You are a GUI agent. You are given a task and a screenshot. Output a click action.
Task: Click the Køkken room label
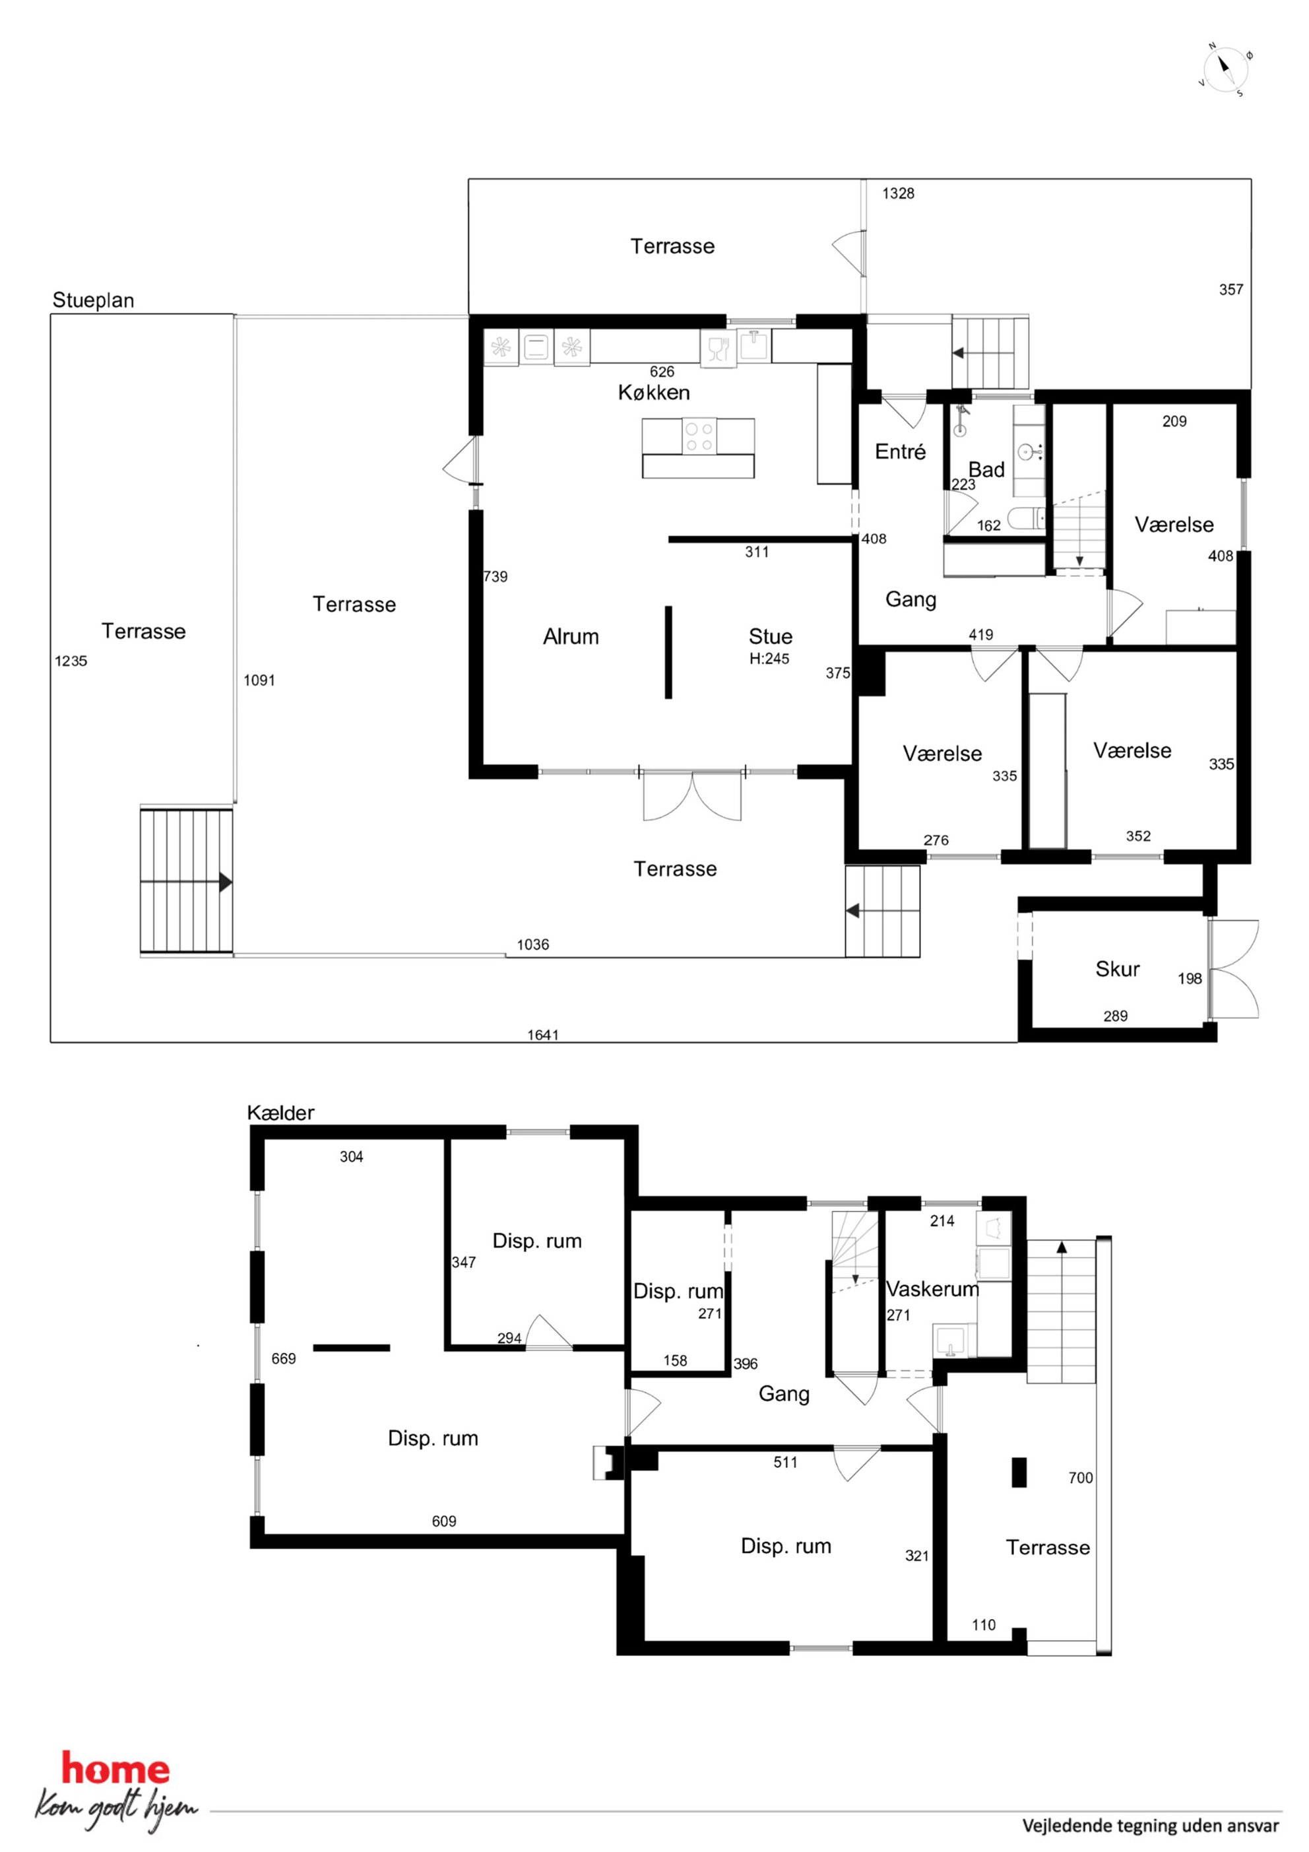(653, 393)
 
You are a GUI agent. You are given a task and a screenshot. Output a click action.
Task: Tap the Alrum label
(571, 636)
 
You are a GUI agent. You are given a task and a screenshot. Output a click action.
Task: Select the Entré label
(900, 451)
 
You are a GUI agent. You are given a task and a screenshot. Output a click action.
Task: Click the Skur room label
(1117, 969)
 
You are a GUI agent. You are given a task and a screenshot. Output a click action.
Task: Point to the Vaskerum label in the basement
(932, 1289)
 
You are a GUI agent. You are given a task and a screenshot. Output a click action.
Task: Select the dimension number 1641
(543, 1035)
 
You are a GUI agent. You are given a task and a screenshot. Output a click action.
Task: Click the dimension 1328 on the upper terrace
(898, 193)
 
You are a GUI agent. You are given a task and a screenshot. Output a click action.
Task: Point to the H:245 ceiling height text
(769, 658)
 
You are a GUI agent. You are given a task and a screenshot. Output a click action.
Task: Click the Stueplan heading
(93, 301)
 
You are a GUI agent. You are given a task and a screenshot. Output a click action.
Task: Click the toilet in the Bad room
(1026, 519)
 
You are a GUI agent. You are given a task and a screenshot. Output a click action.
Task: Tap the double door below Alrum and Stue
(692, 795)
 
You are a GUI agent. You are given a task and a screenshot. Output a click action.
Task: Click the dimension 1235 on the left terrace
(71, 661)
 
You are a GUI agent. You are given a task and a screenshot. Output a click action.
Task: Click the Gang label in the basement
(784, 1393)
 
